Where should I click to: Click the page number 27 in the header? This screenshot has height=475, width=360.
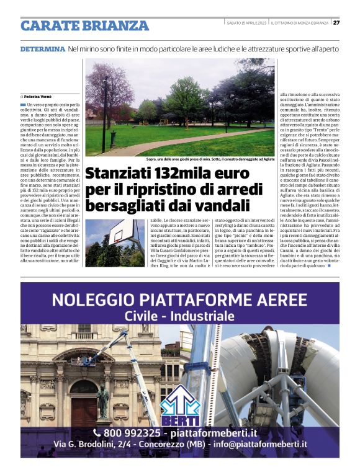pos(336,22)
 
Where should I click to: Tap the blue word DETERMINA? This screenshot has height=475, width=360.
pos(42,48)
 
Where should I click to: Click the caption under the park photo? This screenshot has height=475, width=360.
pos(210,159)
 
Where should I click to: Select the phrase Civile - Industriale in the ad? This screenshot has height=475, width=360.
pos(179,316)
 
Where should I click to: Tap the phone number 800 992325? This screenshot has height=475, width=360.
pos(133,433)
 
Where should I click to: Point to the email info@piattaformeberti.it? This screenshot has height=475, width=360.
pos(260,445)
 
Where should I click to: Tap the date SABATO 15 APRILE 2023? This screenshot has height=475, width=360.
pos(246,23)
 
